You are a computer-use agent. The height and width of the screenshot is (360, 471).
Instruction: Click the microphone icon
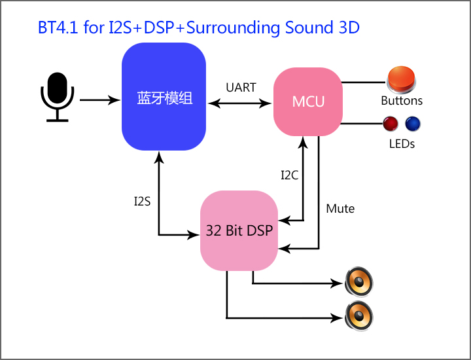pyautogui.click(x=58, y=97)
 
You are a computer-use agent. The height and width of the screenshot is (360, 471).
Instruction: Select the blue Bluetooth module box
pyautogui.click(x=164, y=96)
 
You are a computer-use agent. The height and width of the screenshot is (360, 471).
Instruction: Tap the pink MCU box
pyautogui.click(x=308, y=101)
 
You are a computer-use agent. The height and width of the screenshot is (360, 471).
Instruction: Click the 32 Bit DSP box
pyautogui.click(x=239, y=230)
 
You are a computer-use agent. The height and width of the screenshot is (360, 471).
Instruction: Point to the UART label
pyautogui.click(x=241, y=88)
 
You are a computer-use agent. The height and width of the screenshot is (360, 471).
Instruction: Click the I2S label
pyautogui.click(x=142, y=202)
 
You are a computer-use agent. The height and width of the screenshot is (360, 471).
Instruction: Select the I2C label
pyautogui.click(x=290, y=175)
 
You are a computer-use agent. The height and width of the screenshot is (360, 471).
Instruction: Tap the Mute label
pyautogui.click(x=340, y=209)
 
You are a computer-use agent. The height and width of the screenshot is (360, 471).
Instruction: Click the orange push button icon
pyautogui.click(x=401, y=79)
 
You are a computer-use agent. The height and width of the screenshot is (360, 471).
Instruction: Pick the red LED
pyautogui.click(x=391, y=124)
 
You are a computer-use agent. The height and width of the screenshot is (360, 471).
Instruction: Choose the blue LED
pyautogui.click(x=413, y=124)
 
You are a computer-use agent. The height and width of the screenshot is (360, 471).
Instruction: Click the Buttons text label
pyautogui.click(x=402, y=101)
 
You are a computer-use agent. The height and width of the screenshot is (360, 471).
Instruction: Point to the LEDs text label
pyautogui.click(x=402, y=144)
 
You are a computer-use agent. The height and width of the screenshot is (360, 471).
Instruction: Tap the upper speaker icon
pyautogui.click(x=359, y=281)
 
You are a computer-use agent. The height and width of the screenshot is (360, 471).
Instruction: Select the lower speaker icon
pyautogui.click(x=359, y=316)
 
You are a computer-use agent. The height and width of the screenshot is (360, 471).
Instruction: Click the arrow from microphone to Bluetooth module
pyautogui.click(x=100, y=99)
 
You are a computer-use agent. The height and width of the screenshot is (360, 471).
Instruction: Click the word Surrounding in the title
pyautogui.click(x=234, y=28)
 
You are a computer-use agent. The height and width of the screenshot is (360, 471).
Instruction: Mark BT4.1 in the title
pyautogui.click(x=58, y=27)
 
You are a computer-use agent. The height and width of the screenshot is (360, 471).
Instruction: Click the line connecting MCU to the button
pyautogui.click(x=364, y=82)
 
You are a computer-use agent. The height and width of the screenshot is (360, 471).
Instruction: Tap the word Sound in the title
pyautogui.click(x=309, y=27)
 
